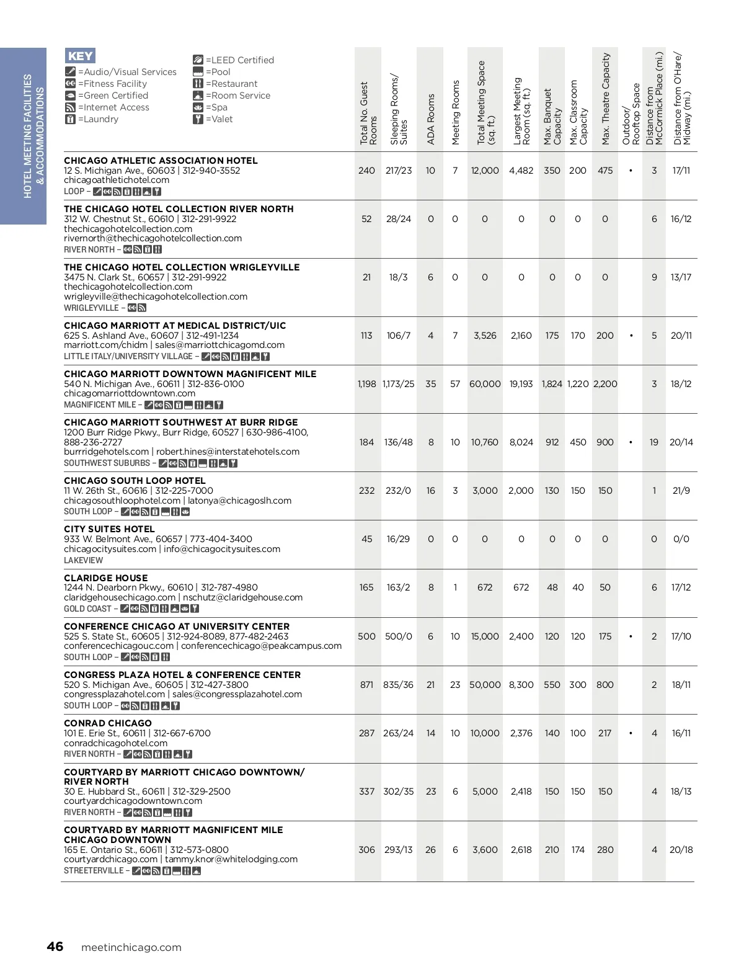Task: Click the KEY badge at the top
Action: [x=81, y=56]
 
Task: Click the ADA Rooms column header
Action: [x=431, y=119]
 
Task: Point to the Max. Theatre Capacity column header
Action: [x=606, y=99]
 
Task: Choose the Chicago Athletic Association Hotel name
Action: [x=161, y=161]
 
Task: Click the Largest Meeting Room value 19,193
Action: [x=521, y=384]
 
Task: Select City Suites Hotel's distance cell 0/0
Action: [x=681, y=539]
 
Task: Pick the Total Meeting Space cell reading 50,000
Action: [x=485, y=685]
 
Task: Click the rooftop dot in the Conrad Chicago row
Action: [x=631, y=733]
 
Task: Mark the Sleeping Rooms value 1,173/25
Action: [x=398, y=384]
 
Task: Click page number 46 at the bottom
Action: [x=55, y=947]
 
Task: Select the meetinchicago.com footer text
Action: [x=131, y=947]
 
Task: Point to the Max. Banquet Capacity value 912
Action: [x=552, y=442]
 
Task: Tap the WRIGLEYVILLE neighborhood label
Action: [x=91, y=308]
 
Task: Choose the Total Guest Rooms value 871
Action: [x=366, y=685]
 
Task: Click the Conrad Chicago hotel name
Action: [x=108, y=723]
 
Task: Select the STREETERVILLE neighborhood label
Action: [x=94, y=870]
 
